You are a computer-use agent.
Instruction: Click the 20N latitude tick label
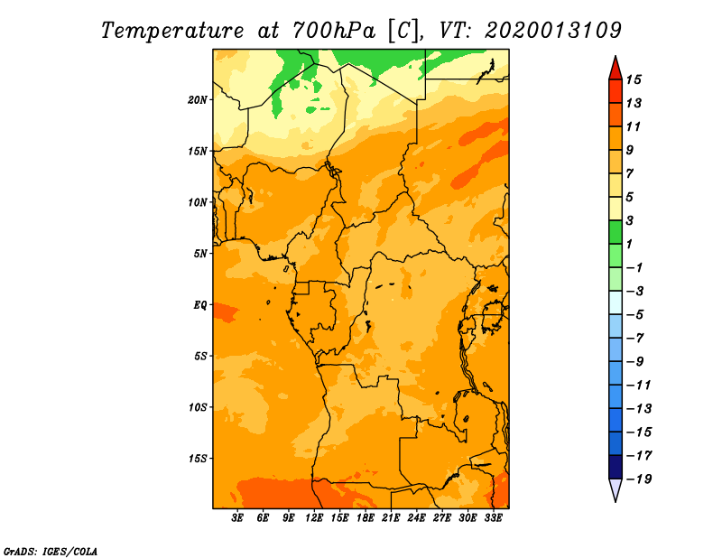[198, 100]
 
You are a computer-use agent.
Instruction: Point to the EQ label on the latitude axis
[200, 305]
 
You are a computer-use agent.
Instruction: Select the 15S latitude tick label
[198, 459]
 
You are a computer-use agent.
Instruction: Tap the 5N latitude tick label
[200, 254]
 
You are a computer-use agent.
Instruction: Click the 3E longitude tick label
[237, 518]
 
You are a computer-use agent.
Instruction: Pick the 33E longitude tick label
[493, 518]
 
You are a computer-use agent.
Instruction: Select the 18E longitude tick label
[366, 518]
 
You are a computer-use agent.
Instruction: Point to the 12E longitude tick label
[314, 518]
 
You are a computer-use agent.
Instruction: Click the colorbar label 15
[634, 80]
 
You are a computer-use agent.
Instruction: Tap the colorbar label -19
[639, 479]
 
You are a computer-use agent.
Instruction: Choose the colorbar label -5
[636, 315]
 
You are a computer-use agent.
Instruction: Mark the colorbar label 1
[629, 244]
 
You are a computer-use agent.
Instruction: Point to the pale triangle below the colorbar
[616, 488]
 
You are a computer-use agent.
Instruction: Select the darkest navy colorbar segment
[616, 467]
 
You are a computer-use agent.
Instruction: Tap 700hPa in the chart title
[334, 31]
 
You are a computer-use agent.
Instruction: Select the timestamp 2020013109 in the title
[552, 31]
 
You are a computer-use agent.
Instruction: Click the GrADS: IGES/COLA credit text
[51, 552]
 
